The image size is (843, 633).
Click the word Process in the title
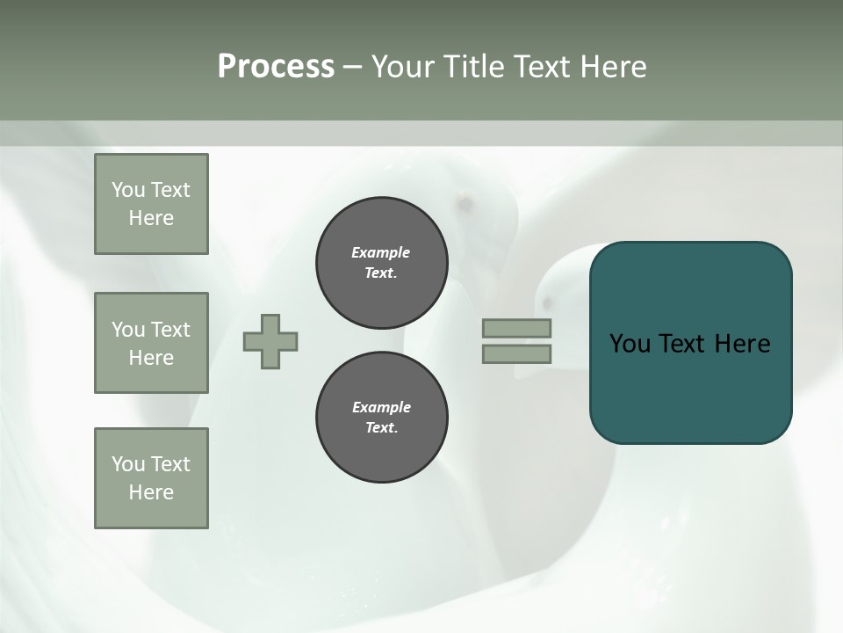pos(276,67)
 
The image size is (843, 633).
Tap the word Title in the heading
pos(472,67)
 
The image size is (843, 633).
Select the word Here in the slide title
pos(611,67)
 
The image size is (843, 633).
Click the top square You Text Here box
pos(151,204)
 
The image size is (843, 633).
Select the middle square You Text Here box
pos(151,343)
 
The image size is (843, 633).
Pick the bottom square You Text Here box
pos(151,477)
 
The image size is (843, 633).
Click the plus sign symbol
pos(270,341)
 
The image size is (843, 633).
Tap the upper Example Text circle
pos(382,263)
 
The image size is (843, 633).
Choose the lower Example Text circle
pos(382,418)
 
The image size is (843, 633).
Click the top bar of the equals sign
pos(516,328)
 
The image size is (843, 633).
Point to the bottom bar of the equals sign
pos(516,353)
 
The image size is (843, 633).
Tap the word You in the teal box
pos(630,344)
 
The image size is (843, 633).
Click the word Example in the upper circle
pos(381,252)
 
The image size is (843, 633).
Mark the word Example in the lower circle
pos(381,407)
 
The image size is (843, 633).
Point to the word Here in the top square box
pos(151,218)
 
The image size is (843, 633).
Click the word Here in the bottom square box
pos(151,492)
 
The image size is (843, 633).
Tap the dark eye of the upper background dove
pos(465,204)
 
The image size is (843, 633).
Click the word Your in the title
pos(403,67)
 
